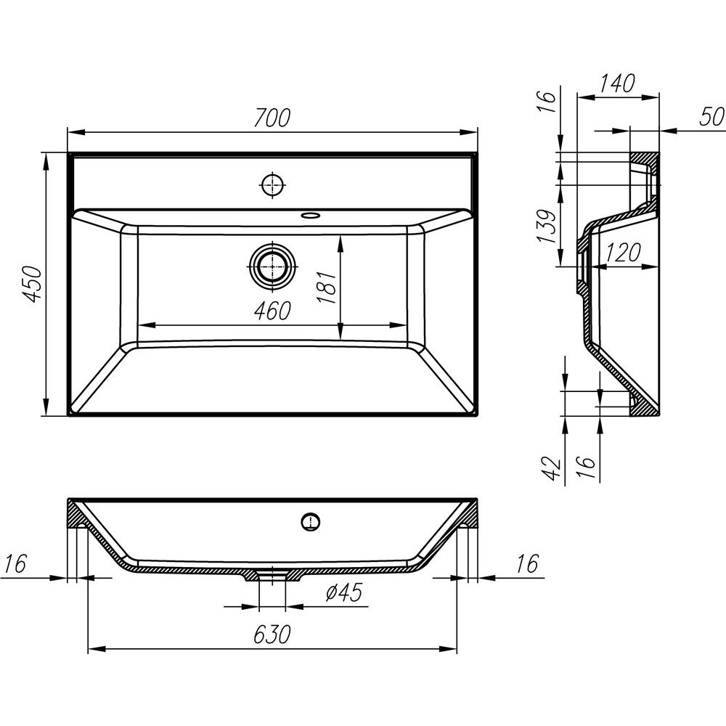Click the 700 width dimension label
tap(272, 118)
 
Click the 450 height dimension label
tap(34, 283)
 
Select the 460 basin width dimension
tap(272, 311)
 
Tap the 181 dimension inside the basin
tap(326, 287)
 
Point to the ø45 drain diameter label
tap(343, 592)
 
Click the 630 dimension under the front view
tap(272, 634)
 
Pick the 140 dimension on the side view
tap(617, 83)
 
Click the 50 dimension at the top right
tap(711, 116)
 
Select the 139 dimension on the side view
tap(547, 227)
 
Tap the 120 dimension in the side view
tap(623, 252)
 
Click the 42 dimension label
tap(552, 468)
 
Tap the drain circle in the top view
tap(273, 266)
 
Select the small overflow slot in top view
tap(310, 216)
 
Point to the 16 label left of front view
tap(16, 563)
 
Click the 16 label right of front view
tap(527, 563)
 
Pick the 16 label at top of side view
tap(547, 102)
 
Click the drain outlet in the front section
tap(272, 575)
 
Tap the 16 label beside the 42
tap(586, 468)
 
